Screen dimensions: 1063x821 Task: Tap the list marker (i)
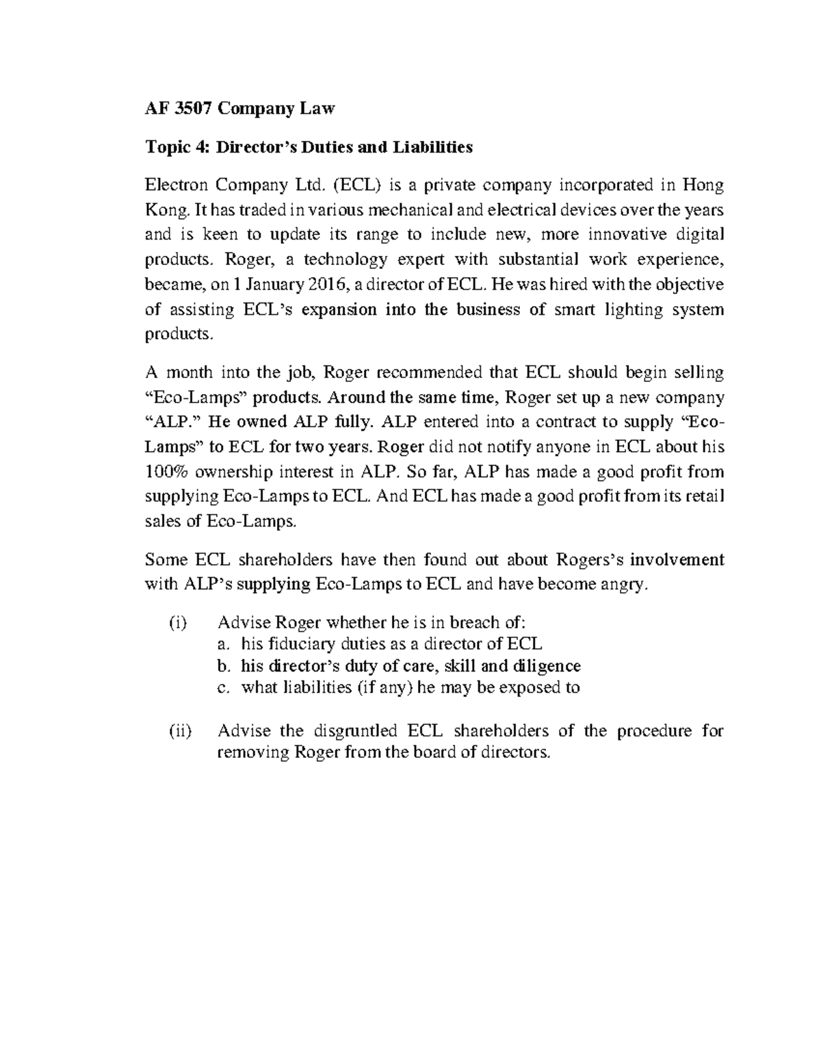[177, 622]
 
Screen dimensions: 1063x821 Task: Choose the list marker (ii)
[179, 730]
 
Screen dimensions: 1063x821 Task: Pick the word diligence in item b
[547, 666]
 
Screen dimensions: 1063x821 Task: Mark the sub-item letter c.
[222, 688]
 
